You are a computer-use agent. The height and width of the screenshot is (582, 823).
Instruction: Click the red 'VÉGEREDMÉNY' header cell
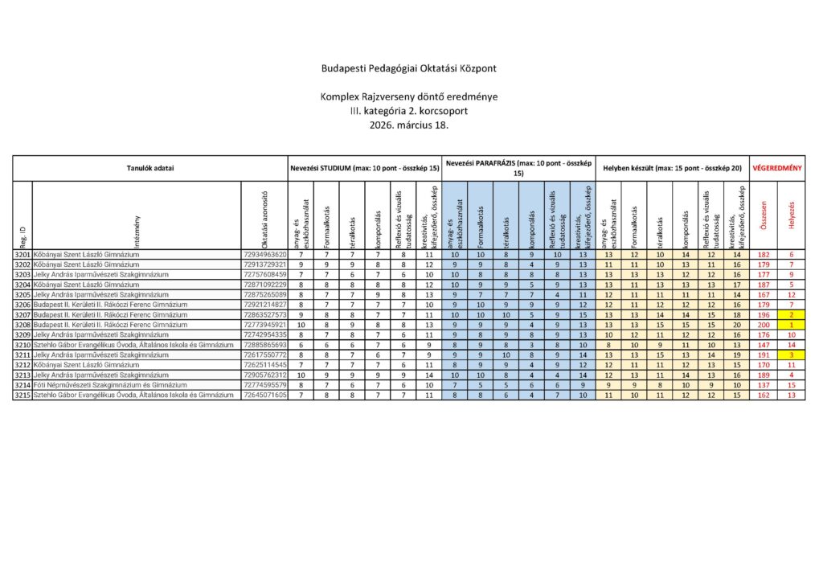click(777, 168)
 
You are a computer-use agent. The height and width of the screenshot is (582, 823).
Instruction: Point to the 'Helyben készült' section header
click(671, 168)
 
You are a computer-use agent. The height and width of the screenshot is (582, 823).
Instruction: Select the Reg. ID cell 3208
click(23, 325)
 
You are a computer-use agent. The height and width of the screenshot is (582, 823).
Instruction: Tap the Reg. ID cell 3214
click(23, 386)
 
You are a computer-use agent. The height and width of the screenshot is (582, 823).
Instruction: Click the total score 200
click(764, 325)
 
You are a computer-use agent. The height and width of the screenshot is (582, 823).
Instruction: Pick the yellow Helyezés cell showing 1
click(792, 325)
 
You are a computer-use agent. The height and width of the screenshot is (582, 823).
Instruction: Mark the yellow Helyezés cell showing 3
click(792, 355)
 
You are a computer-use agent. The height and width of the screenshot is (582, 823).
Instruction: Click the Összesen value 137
click(764, 386)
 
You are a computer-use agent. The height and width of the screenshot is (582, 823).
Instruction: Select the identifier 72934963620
click(264, 254)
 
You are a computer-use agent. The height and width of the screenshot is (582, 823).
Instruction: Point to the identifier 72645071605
click(264, 396)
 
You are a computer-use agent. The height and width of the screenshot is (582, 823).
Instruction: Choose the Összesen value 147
click(764, 345)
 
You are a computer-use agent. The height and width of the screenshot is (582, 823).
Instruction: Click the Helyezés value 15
click(792, 386)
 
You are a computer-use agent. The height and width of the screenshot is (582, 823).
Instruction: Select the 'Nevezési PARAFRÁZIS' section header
click(518, 167)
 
